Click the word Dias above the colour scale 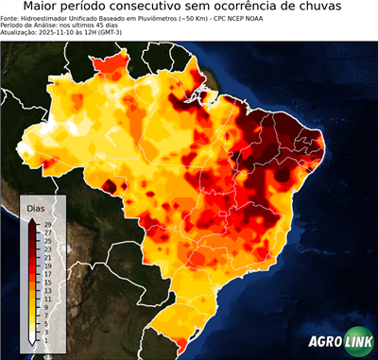(x=36, y=207)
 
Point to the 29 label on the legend (x=47, y=224)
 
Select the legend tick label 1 (x=47, y=341)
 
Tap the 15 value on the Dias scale (x=47, y=283)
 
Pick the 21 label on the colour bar (x=47, y=257)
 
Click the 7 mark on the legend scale (x=47, y=316)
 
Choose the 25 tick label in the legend (x=47, y=241)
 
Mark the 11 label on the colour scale (x=47, y=300)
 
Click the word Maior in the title (x=44, y=7)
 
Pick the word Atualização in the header (x=21, y=31)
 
